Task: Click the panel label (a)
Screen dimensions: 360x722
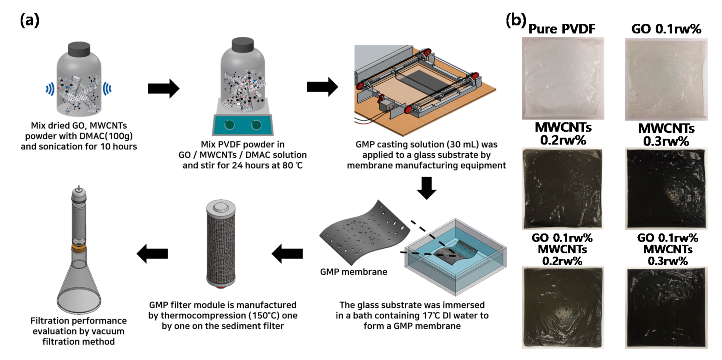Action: tap(29, 21)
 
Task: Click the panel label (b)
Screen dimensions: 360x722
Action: tap(515, 20)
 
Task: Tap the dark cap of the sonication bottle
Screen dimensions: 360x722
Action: tap(79, 49)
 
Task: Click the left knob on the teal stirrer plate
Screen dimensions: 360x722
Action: tap(229, 125)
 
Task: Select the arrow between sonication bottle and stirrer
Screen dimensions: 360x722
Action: tap(163, 88)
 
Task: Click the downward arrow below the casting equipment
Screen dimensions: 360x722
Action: tap(426, 188)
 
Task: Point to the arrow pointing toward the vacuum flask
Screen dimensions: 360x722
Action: tap(152, 254)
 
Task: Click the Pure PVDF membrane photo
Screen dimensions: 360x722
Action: tap(563, 78)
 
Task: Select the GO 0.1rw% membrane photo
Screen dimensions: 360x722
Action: tap(666, 79)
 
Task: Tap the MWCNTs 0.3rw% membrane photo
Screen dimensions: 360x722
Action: tap(666, 189)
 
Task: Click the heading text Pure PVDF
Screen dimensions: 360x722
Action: tap(562, 29)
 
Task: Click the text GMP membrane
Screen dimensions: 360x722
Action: tap(353, 272)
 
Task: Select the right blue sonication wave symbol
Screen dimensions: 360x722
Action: tap(107, 89)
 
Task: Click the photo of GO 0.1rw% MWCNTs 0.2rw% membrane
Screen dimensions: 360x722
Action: tap(562, 307)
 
